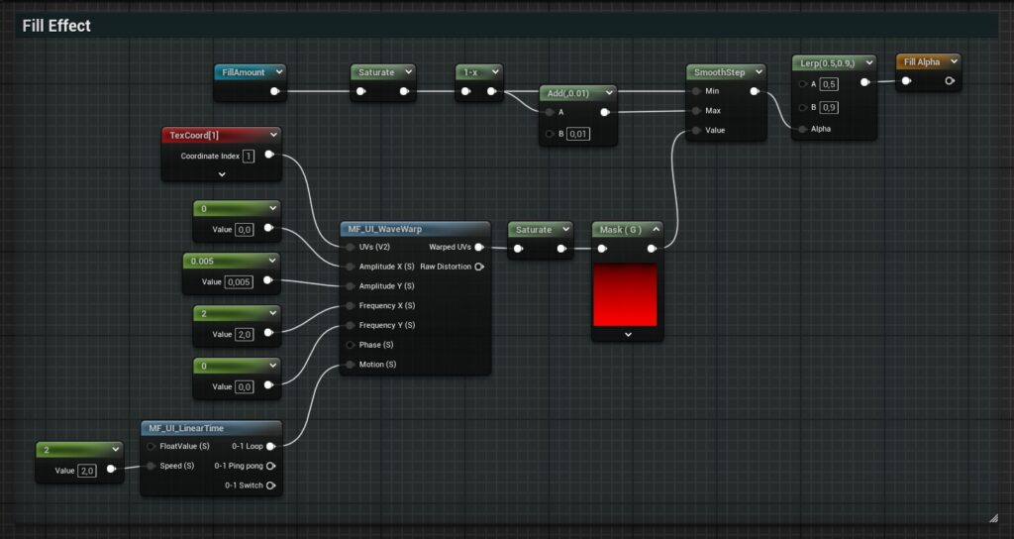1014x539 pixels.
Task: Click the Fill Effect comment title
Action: click(x=56, y=26)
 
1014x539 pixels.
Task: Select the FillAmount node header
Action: click(x=250, y=72)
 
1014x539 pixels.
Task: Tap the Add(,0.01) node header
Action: click(x=577, y=93)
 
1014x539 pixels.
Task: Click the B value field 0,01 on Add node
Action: click(x=578, y=134)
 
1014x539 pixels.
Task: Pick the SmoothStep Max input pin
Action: click(x=696, y=111)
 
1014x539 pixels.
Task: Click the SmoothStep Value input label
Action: click(x=715, y=130)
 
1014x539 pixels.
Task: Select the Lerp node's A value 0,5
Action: click(x=829, y=84)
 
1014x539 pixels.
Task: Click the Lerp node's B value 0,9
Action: click(x=829, y=107)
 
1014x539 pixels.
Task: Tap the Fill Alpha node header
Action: click(x=928, y=62)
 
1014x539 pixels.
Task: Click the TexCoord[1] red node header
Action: click(x=221, y=135)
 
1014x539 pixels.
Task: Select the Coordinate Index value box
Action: click(x=249, y=156)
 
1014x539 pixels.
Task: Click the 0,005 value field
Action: click(x=239, y=282)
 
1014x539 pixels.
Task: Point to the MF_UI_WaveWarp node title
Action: click(x=385, y=229)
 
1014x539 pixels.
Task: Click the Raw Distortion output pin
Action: click(x=479, y=267)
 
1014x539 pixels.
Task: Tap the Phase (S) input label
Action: click(x=376, y=345)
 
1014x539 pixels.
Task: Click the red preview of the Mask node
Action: click(x=625, y=295)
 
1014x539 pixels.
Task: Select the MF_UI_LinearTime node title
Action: click(x=186, y=428)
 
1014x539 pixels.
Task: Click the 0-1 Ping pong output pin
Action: click(x=271, y=466)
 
